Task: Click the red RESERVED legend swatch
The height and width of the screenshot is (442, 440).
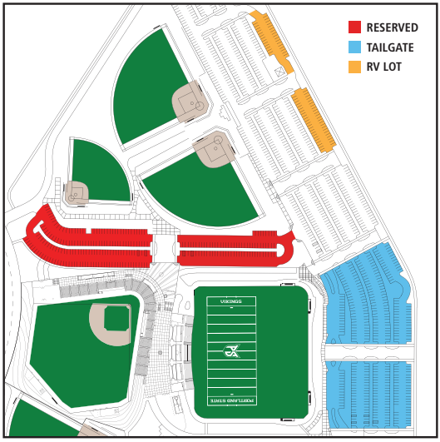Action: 354,27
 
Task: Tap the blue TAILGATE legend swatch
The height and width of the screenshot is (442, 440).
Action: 354,47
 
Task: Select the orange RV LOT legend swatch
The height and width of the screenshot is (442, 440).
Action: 354,66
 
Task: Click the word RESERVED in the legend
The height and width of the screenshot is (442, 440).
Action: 392,27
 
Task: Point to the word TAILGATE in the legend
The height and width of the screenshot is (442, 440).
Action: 389,47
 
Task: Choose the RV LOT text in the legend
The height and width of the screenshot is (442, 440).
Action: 383,66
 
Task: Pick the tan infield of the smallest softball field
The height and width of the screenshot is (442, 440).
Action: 77,193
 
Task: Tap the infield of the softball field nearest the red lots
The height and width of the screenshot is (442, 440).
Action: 213,151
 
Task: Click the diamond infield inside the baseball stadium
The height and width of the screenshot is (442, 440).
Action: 111,323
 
